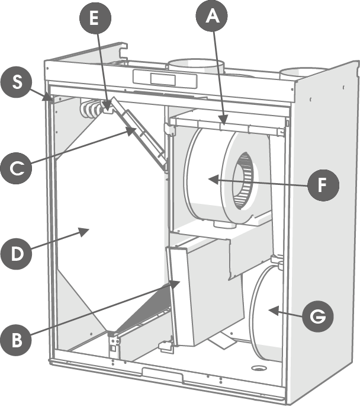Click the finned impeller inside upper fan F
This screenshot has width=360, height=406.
tap(242, 181)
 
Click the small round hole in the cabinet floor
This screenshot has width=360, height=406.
tap(258, 368)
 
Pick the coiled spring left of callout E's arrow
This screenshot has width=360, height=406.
tap(90, 109)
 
